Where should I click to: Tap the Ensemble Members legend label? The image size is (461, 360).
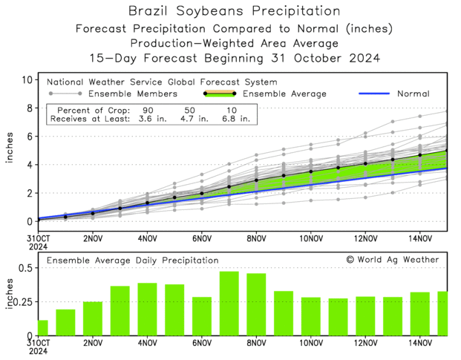[133, 94]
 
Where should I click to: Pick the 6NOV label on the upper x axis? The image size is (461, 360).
[201, 238]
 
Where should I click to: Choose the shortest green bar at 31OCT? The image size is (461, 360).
[42, 327]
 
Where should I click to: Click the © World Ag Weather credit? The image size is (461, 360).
[392, 260]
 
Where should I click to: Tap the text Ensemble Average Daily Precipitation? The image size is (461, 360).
[133, 261]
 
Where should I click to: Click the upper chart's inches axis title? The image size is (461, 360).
[10, 151]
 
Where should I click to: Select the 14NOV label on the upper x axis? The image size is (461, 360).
[419, 238]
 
